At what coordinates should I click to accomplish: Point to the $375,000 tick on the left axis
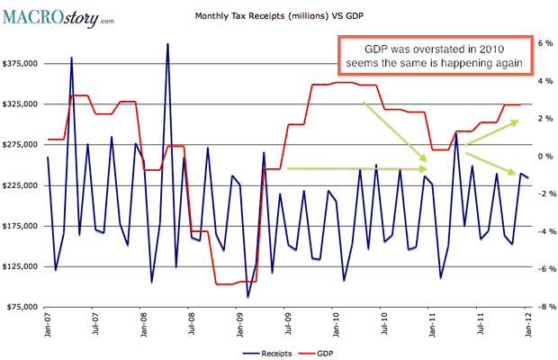coord(22,64)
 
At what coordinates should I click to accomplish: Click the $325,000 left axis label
coord(22,104)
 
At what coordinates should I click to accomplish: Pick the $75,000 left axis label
coord(23,307)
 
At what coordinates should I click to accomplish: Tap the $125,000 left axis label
coord(22,266)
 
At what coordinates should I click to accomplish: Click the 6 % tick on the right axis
coord(544,42)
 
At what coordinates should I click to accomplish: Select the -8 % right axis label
coord(543,307)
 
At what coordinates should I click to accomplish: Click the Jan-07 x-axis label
coord(47,323)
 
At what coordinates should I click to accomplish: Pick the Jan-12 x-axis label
coord(528,323)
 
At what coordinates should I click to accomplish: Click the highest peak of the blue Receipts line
coord(167,43)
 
